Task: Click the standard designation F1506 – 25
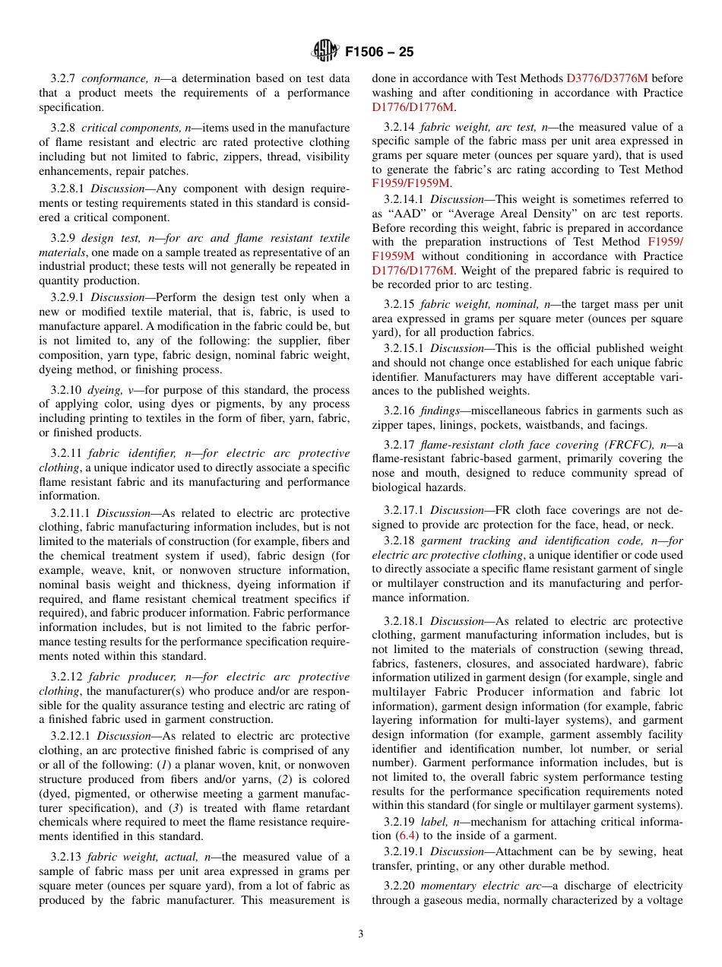pyautogui.click(x=379, y=52)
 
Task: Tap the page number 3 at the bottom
pyautogui.click(x=361, y=934)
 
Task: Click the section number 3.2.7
pyautogui.click(x=64, y=78)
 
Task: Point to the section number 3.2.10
pyautogui.click(x=67, y=390)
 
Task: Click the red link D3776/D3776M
pyautogui.click(x=607, y=78)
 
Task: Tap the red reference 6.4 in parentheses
pyautogui.click(x=407, y=836)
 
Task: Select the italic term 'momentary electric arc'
pyautogui.click(x=483, y=886)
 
